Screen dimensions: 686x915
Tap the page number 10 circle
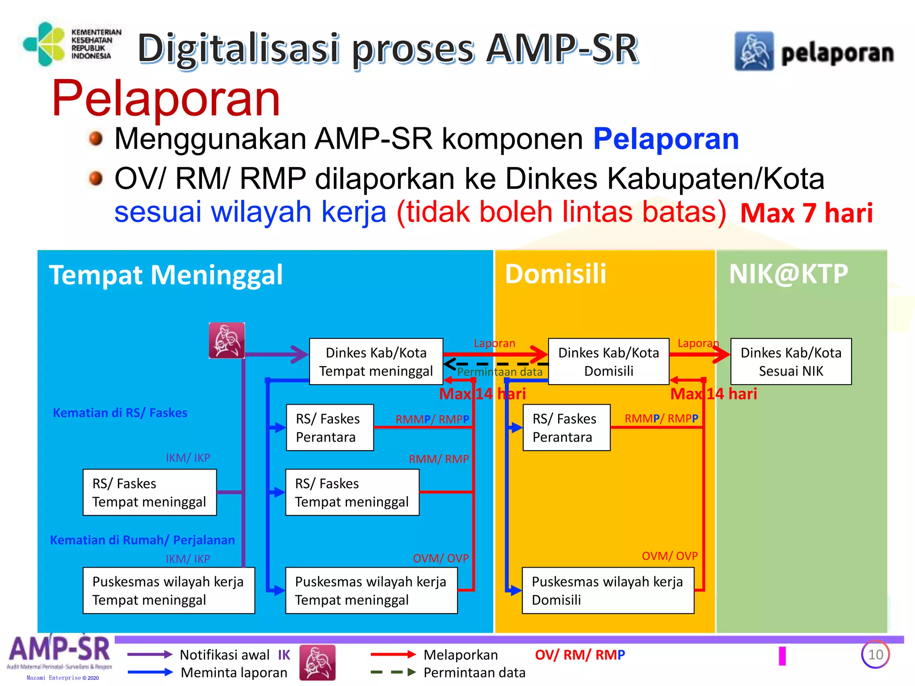(875, 654)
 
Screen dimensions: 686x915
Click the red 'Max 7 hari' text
(806, 213)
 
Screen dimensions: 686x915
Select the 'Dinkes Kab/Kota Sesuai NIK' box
(790, 361)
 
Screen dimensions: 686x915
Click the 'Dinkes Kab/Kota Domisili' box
(608, 361)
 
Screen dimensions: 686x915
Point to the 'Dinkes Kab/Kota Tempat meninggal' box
(376, 361)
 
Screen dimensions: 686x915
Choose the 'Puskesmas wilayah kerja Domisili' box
(608, 590)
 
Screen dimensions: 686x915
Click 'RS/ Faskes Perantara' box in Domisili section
(566, 427)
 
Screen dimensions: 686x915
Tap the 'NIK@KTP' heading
(788, 274)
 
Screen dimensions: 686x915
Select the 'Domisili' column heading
(555, 274)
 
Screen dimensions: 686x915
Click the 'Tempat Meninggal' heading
(166, 275)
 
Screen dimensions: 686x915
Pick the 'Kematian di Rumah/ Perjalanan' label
(142, 540)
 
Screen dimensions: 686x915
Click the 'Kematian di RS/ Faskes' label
(120, 413)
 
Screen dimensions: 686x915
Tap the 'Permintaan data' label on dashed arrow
(499, 372)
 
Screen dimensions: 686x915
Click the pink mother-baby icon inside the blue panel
(227, 340)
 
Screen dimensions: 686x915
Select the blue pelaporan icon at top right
(754, 51)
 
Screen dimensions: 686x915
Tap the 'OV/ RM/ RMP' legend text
(579, 655)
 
